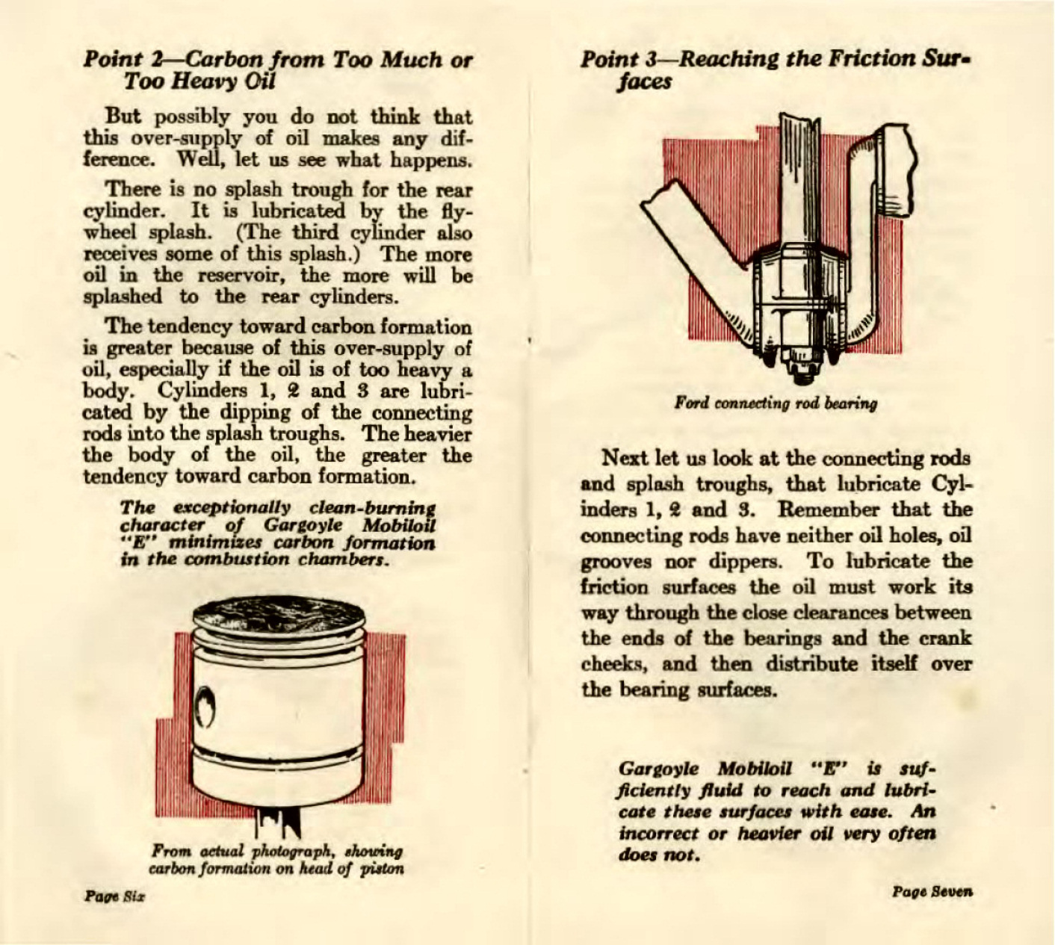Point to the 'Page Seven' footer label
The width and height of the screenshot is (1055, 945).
pos(932,891)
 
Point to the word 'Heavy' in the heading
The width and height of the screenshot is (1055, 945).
pos(194,81)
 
